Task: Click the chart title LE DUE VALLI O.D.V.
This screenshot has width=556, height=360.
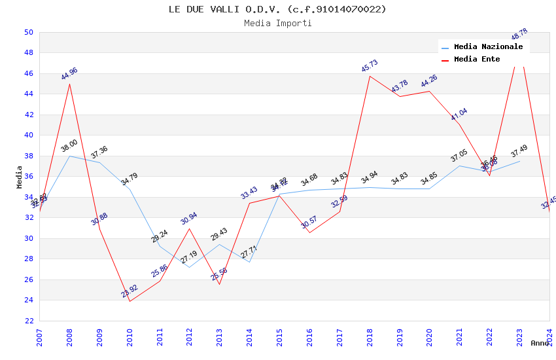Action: pyautogui.click(x=277, y=9)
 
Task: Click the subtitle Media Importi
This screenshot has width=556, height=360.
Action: pyautogui.click(x=277, y=23)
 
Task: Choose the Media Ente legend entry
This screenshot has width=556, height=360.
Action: pyautogui.click(x=477, y=60)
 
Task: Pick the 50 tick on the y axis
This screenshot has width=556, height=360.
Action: pyautogui.click(x=28, y=32)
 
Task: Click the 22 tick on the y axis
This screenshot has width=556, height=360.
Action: pyautogui.click(x=28, y=321)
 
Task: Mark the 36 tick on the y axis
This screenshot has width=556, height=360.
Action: pyautogui.click(x=28, y=177)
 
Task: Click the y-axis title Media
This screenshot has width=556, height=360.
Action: pyautogui.click(x=20, y=177)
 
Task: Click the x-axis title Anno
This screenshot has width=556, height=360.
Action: pyautogui.click(x=540, y=343)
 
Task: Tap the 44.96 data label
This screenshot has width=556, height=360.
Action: pyautogui.click(x=69, y=73)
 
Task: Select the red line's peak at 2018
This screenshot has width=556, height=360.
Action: pyautogui.click(x=370, y=76)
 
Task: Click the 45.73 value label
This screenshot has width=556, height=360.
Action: pyautogui.click(x=370, y=66)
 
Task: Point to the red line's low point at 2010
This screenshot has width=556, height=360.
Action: pyautogui.click(x=130, y=301)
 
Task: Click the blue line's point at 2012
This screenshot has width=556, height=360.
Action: pyautogui.click(x=190, y=267)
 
